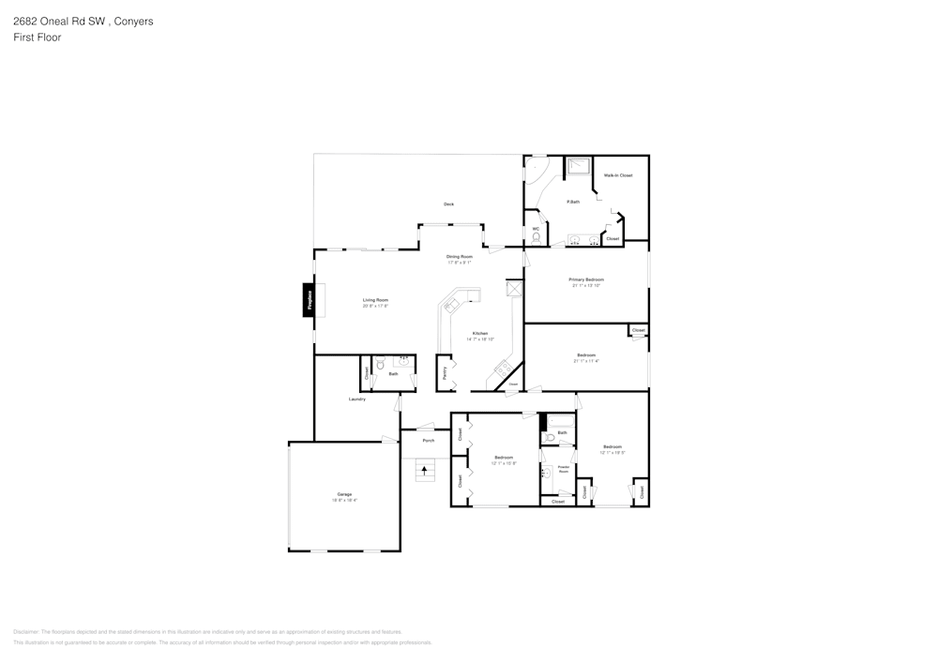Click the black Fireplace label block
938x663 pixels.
click(x=309, y=300)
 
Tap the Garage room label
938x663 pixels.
click(x=344, y=494)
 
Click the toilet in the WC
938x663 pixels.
click(x=536, y=237)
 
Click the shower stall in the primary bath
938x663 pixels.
click(x=578, y=166)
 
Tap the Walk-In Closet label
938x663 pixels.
click(x=617, y=175)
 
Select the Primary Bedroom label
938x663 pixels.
click(x=586, y=279)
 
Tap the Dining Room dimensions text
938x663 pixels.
click(x=460, y=263)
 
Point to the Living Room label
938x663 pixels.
click(x=375, y=300)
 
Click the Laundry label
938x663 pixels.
click(x=356, y=399)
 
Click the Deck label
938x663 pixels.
click(x=448, y=204)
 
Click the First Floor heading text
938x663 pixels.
click(x=38, y=38)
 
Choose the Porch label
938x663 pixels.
click(x=428, y=440)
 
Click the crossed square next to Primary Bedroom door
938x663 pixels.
click(x=512, y=289)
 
